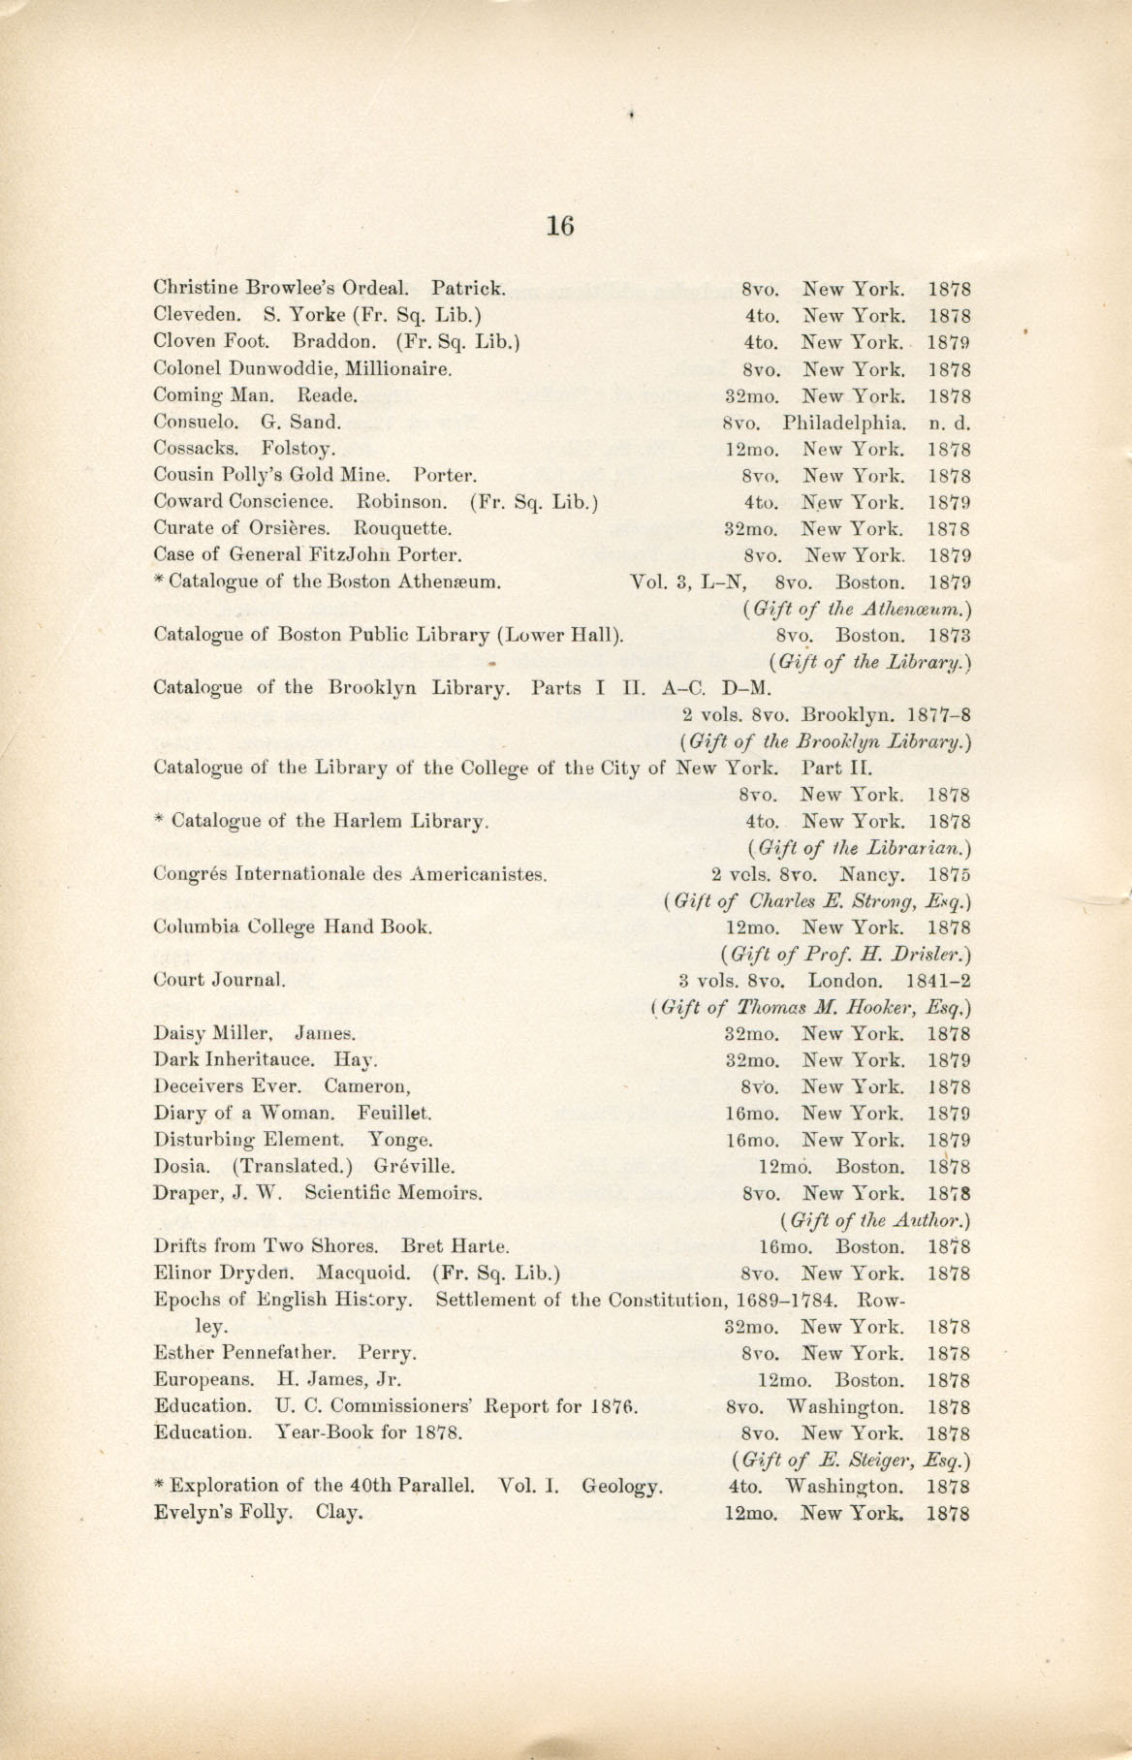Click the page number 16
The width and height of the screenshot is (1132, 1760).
tap(560, 227)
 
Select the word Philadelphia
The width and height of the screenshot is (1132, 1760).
tap(844, 423)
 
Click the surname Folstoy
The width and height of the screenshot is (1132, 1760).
tap(299, 450)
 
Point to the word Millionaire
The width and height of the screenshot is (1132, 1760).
tap(397, 369)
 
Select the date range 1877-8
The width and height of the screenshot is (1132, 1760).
tap(939, 716)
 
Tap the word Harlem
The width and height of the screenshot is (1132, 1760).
tap(369, 821)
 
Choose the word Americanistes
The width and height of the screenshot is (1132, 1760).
tap(479, 873)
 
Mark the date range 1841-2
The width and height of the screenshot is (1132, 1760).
tap(937, 980)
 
